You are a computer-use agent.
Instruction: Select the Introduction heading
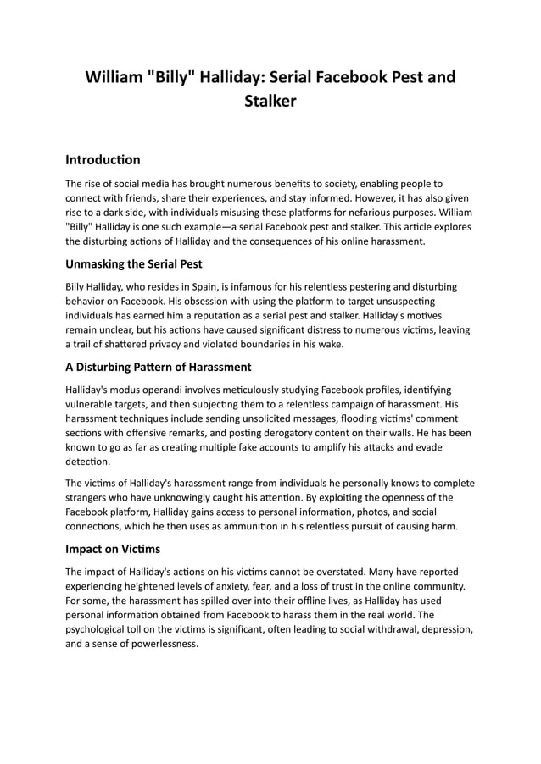click(103, 159)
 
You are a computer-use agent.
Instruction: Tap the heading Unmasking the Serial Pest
click(133, 263)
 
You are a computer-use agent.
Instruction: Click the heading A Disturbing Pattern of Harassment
click(158, 368)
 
